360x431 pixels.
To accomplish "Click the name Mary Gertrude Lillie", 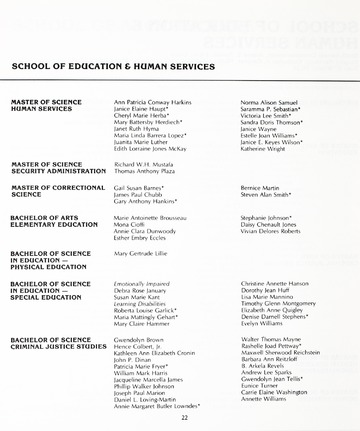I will [141, 255].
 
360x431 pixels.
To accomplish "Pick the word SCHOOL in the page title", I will [32, 66].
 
